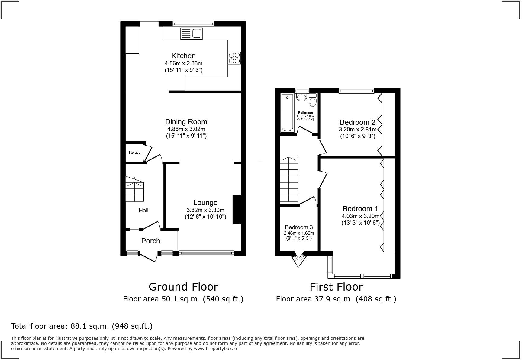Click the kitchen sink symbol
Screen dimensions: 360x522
tap(192, 33)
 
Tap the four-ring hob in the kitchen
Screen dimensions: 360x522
tap(234, 58)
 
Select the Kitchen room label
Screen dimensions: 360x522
tap(183, 56)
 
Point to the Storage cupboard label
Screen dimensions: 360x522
tap(134, 153)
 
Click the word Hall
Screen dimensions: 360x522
tap(143, 210)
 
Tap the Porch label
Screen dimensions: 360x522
tap(150, 241)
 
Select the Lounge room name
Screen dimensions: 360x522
tap(205, 203)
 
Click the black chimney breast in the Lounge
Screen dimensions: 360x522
tap(237, 210)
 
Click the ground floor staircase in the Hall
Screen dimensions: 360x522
tap(134, 190)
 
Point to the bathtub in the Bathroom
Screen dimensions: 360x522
tap(287, 113)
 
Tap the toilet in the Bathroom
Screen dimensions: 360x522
tap(313, 100)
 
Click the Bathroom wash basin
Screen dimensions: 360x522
tap(301, 97)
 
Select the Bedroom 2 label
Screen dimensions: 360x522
tap(357, 122)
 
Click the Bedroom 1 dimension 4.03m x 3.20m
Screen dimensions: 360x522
tap(360, 216)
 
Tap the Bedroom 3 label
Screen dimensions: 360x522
tap(299, 227)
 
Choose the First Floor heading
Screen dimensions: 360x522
tap(336, 287)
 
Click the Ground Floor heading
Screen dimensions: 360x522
tap(183, 287)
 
